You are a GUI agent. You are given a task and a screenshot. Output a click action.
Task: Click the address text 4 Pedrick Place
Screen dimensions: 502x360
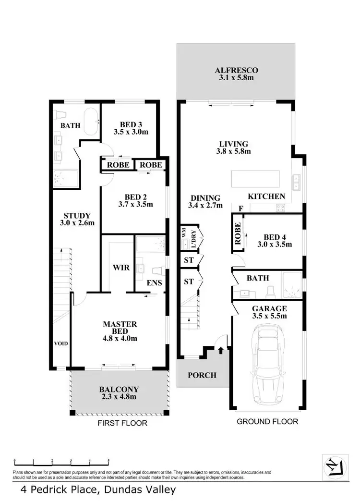(97, 490)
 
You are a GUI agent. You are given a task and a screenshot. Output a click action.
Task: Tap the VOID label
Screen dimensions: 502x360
(61, 343)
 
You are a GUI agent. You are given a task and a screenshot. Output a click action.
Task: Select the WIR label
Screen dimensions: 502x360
(121, 267)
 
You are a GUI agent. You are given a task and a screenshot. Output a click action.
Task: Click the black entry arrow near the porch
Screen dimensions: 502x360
(220, 352)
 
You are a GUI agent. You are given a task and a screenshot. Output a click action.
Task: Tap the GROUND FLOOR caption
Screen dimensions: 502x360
(268, 422)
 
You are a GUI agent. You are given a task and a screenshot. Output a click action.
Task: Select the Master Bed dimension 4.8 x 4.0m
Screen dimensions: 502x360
(120, 338)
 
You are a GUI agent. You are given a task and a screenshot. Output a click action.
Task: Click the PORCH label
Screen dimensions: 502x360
(202, 375)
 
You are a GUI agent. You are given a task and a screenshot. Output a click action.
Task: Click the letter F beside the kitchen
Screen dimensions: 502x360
(240, 208)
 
